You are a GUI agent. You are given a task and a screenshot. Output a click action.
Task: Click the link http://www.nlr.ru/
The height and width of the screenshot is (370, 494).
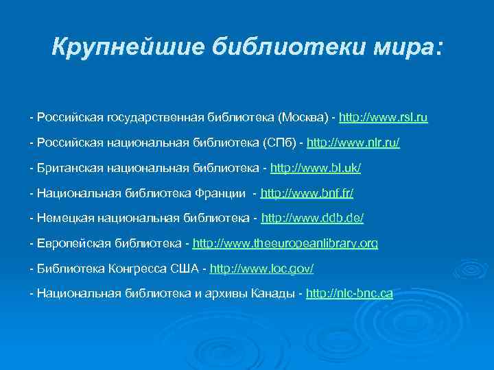353,143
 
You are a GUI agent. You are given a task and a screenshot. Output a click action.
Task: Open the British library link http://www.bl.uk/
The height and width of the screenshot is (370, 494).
316,168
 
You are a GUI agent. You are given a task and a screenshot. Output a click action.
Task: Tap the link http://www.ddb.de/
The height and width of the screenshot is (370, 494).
313,218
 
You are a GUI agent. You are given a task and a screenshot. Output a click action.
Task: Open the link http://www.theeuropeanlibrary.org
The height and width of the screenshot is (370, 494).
285,243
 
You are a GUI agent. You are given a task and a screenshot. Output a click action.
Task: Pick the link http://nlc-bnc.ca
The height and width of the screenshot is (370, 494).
350,293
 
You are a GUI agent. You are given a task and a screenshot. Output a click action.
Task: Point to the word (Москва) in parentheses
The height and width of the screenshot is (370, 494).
302,118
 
